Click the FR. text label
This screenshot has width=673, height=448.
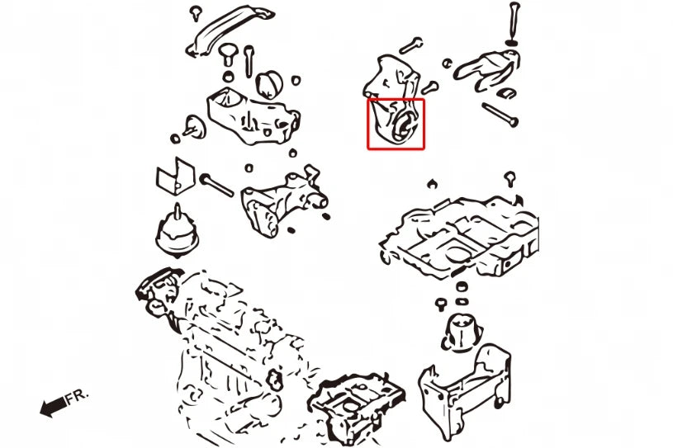77,396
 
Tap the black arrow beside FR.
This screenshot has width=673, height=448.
53,406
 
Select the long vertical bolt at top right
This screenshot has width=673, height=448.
513,23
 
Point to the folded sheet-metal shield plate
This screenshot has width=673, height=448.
175,177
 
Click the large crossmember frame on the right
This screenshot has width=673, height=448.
459,238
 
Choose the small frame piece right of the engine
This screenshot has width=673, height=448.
355,408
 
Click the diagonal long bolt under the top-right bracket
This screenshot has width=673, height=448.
500,115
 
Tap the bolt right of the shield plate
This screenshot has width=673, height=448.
216,185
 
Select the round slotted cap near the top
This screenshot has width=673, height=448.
269,84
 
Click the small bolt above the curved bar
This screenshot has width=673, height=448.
197,13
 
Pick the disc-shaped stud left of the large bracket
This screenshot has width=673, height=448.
194,127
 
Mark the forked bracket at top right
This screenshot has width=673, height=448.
487,68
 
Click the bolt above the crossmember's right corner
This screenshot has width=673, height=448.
509,179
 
